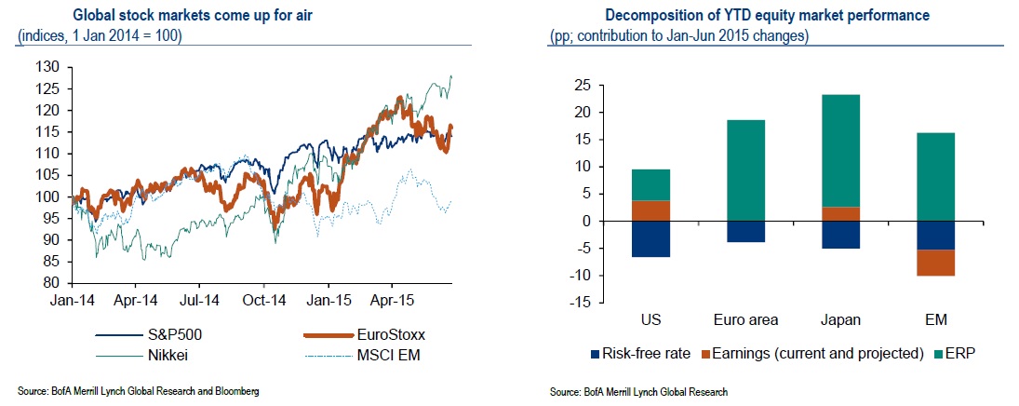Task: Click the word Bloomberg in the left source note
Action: point(235,391)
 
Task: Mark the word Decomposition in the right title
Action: point(650,16)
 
